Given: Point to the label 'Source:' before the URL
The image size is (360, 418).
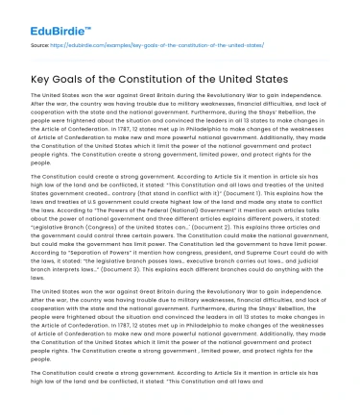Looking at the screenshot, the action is coord(41,44).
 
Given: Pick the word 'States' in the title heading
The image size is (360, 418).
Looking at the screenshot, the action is coord(278,79).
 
